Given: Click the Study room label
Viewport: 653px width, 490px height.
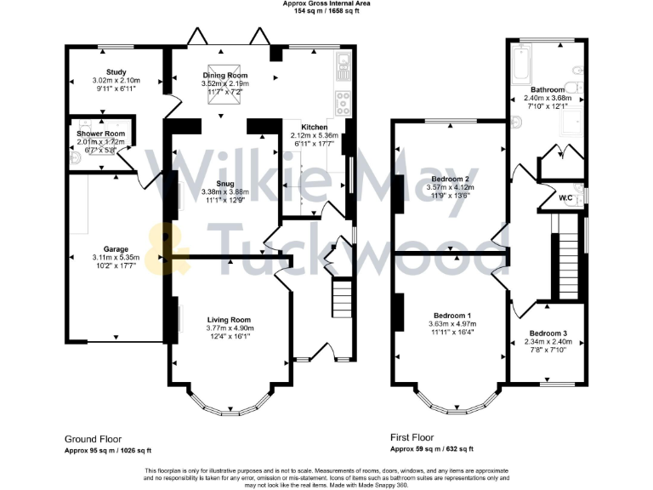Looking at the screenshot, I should click(116, 72).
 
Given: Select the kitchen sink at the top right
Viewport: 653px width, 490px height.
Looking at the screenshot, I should click(343, 65).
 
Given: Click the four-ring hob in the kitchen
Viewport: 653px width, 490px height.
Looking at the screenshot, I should click(344, 104).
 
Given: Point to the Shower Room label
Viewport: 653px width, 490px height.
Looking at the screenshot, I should click(100, 134).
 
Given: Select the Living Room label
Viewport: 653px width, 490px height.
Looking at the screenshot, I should click(229, 320).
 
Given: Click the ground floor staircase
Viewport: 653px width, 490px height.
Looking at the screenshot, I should click(341, 298).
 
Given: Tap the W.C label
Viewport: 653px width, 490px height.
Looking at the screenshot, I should click(564, 199).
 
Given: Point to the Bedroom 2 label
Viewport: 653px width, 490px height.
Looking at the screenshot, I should click(451, 179).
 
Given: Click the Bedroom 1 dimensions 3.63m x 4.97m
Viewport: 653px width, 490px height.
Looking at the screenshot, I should click(451, 324).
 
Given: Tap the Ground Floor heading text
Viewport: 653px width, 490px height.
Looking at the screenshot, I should click(93, 439).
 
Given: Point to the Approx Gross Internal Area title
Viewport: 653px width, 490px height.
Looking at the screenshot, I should click(326, 3).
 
